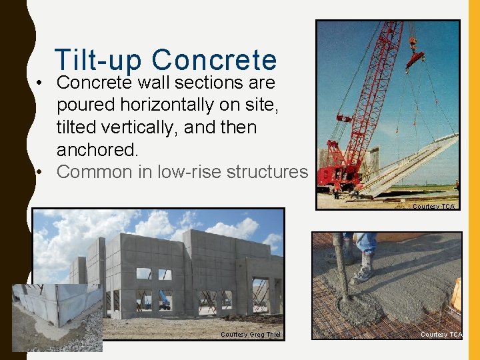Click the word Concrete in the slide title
click(213, 60)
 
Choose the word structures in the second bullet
click(268, 171)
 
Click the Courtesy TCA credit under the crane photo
click(433, 207)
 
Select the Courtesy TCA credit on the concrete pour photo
click(441, 334)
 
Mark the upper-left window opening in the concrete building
click(143, 273)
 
